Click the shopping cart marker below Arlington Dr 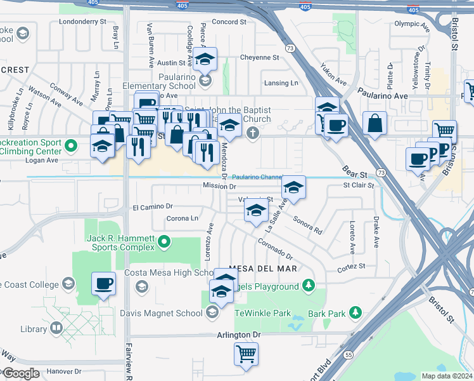pos(246,354)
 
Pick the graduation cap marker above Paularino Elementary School pos(205,60)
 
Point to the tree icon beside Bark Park pos(356,312)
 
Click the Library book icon pos(56,328)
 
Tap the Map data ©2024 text pos(446,376)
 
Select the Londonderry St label pos(82,21)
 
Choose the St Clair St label pos(359,186)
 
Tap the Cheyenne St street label pos(260,57)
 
